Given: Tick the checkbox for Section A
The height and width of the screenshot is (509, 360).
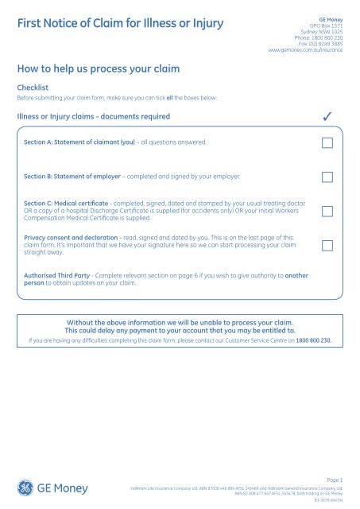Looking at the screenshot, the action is click(x=327, y=143).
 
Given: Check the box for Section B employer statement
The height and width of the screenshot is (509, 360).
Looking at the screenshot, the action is click(x=327, y=177).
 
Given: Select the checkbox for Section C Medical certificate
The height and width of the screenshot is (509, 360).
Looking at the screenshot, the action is click(x=327, y=212).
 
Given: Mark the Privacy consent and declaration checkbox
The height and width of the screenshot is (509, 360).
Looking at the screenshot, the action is click(x=327, y=247).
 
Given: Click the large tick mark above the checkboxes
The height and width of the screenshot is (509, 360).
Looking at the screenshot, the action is click(x=327, y=118).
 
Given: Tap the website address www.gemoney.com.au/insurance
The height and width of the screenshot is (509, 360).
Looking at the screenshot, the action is click(x=308, y=49).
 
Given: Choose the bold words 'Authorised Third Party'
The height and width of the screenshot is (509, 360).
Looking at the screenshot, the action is click(x=59, y=274).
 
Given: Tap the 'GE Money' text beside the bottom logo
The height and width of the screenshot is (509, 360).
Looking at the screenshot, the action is click(x=64, y=487).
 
